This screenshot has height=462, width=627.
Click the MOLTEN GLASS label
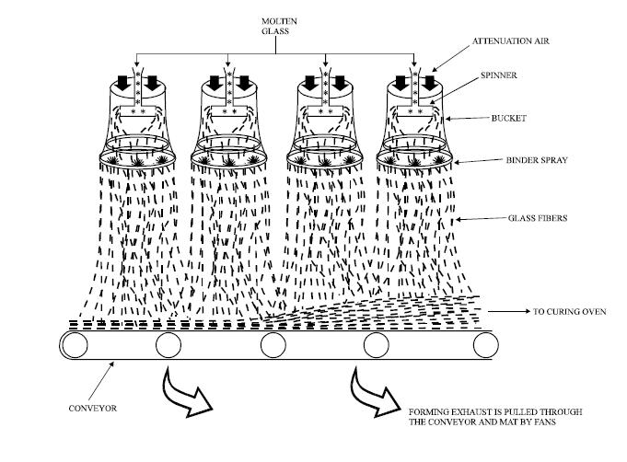[x=279, y=26]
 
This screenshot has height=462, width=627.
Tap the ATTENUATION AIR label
[x=511, y=40]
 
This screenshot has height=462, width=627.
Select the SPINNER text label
[x=499, y=75]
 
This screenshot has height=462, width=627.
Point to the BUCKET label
[x=508, y=118]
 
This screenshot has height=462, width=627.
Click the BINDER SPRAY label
[x=537, y=160]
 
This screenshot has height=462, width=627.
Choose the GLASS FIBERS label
[x=538, y=218]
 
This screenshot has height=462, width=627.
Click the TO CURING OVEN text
[x=569, y=311]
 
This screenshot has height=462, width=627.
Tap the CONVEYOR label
[x=93, y=408]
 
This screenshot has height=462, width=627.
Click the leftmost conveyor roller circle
[x=75, y=345]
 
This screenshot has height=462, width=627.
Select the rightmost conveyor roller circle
[x=486, y=345]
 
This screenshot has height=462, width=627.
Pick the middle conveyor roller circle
[x=273, y=345]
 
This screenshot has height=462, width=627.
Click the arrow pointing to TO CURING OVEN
[x=508, y=311]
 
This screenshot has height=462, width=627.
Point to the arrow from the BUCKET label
[x=467, y=119]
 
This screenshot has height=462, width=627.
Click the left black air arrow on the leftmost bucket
[x=122, y=83]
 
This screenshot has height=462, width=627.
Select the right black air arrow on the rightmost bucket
[x=429, y=83]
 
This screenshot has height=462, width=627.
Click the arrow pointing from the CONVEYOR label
[x=101, y=382]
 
